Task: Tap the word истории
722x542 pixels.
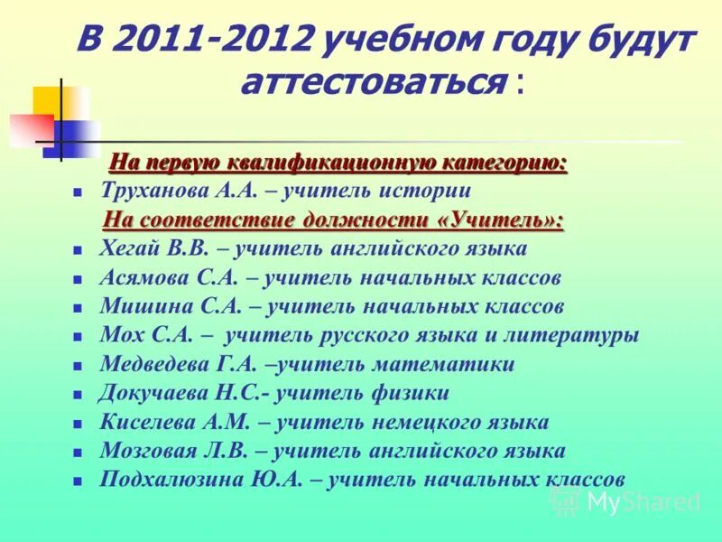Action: (425, 191)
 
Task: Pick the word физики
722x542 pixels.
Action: (409, 393)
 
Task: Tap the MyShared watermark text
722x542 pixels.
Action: (643, 502)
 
